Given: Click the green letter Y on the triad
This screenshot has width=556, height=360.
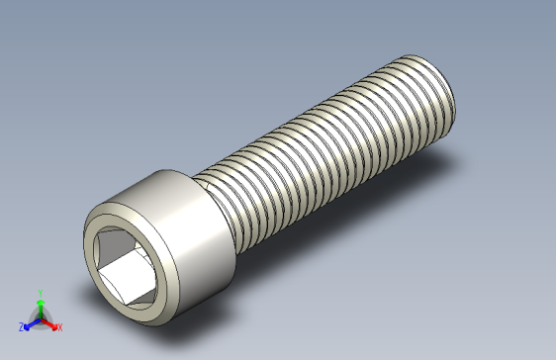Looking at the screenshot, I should pyautogui.click(x=40, y=293).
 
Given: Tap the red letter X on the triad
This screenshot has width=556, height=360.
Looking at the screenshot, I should pyautogui.click(x=59, y=327).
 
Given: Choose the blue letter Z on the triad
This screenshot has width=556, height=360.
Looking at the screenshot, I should pyautogui.click(x=21, y=327).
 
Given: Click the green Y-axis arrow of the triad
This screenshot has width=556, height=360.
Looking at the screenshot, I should pyautogui.click(x=40, y=306).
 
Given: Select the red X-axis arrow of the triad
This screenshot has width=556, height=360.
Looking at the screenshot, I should pyautogui.click(x=49, y=322).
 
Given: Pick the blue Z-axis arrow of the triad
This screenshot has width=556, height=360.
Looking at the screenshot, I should pyautogui.click(x=31, y=322).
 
